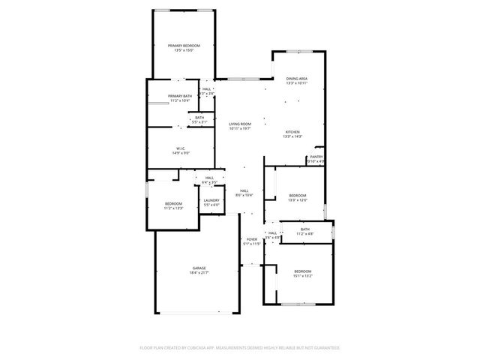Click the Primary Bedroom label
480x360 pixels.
point(184,46)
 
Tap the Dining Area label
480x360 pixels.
point(297,78)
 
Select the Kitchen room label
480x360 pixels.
point(292,132)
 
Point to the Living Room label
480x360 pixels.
point(240,124)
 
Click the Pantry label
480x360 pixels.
point(316,157)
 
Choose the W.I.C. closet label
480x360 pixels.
point(181,148)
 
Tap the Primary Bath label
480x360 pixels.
point(180,96)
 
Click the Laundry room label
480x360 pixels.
point(211,200)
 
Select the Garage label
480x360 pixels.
point(199,268)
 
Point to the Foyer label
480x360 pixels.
point(252,239)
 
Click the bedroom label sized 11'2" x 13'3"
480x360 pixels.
point(174,204)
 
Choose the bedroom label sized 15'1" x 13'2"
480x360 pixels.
point(302,271)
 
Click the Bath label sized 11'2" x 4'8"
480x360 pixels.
point(304,229)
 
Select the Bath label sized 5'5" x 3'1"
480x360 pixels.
point(199,117)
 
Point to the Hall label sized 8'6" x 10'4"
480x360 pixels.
point(244,191)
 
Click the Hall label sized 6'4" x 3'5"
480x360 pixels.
point(209,178)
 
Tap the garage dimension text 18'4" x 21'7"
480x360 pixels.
point(199,271)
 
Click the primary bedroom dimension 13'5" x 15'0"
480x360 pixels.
point(184,50)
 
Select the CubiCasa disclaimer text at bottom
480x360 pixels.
point(240,348)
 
